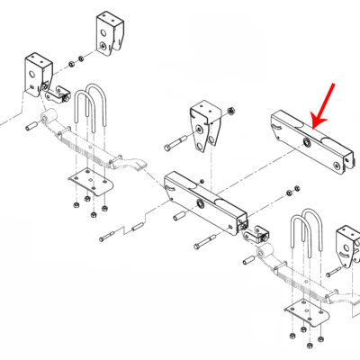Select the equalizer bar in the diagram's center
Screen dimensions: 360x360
point(205,200)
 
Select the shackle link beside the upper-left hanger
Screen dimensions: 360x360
point(61,92)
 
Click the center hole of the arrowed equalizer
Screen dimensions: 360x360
point(309,143)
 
